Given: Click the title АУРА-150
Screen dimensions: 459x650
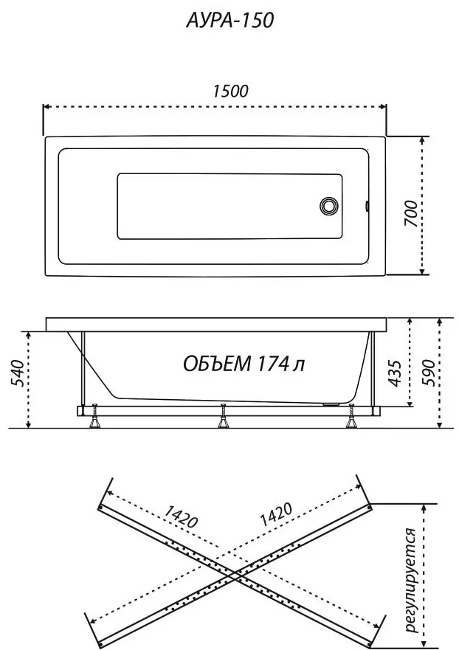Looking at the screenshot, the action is (229, 20).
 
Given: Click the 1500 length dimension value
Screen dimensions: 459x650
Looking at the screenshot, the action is (230, 91).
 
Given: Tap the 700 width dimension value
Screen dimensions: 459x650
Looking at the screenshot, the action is (411, 213).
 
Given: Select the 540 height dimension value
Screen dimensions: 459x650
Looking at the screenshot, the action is (18, 373).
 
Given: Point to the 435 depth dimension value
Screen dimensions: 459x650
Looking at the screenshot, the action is (396, 373).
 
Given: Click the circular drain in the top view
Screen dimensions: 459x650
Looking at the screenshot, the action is (329, 206).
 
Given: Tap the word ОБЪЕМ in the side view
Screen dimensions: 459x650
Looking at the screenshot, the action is (217, 364).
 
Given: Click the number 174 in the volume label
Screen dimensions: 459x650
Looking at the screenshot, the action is (272, 364).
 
